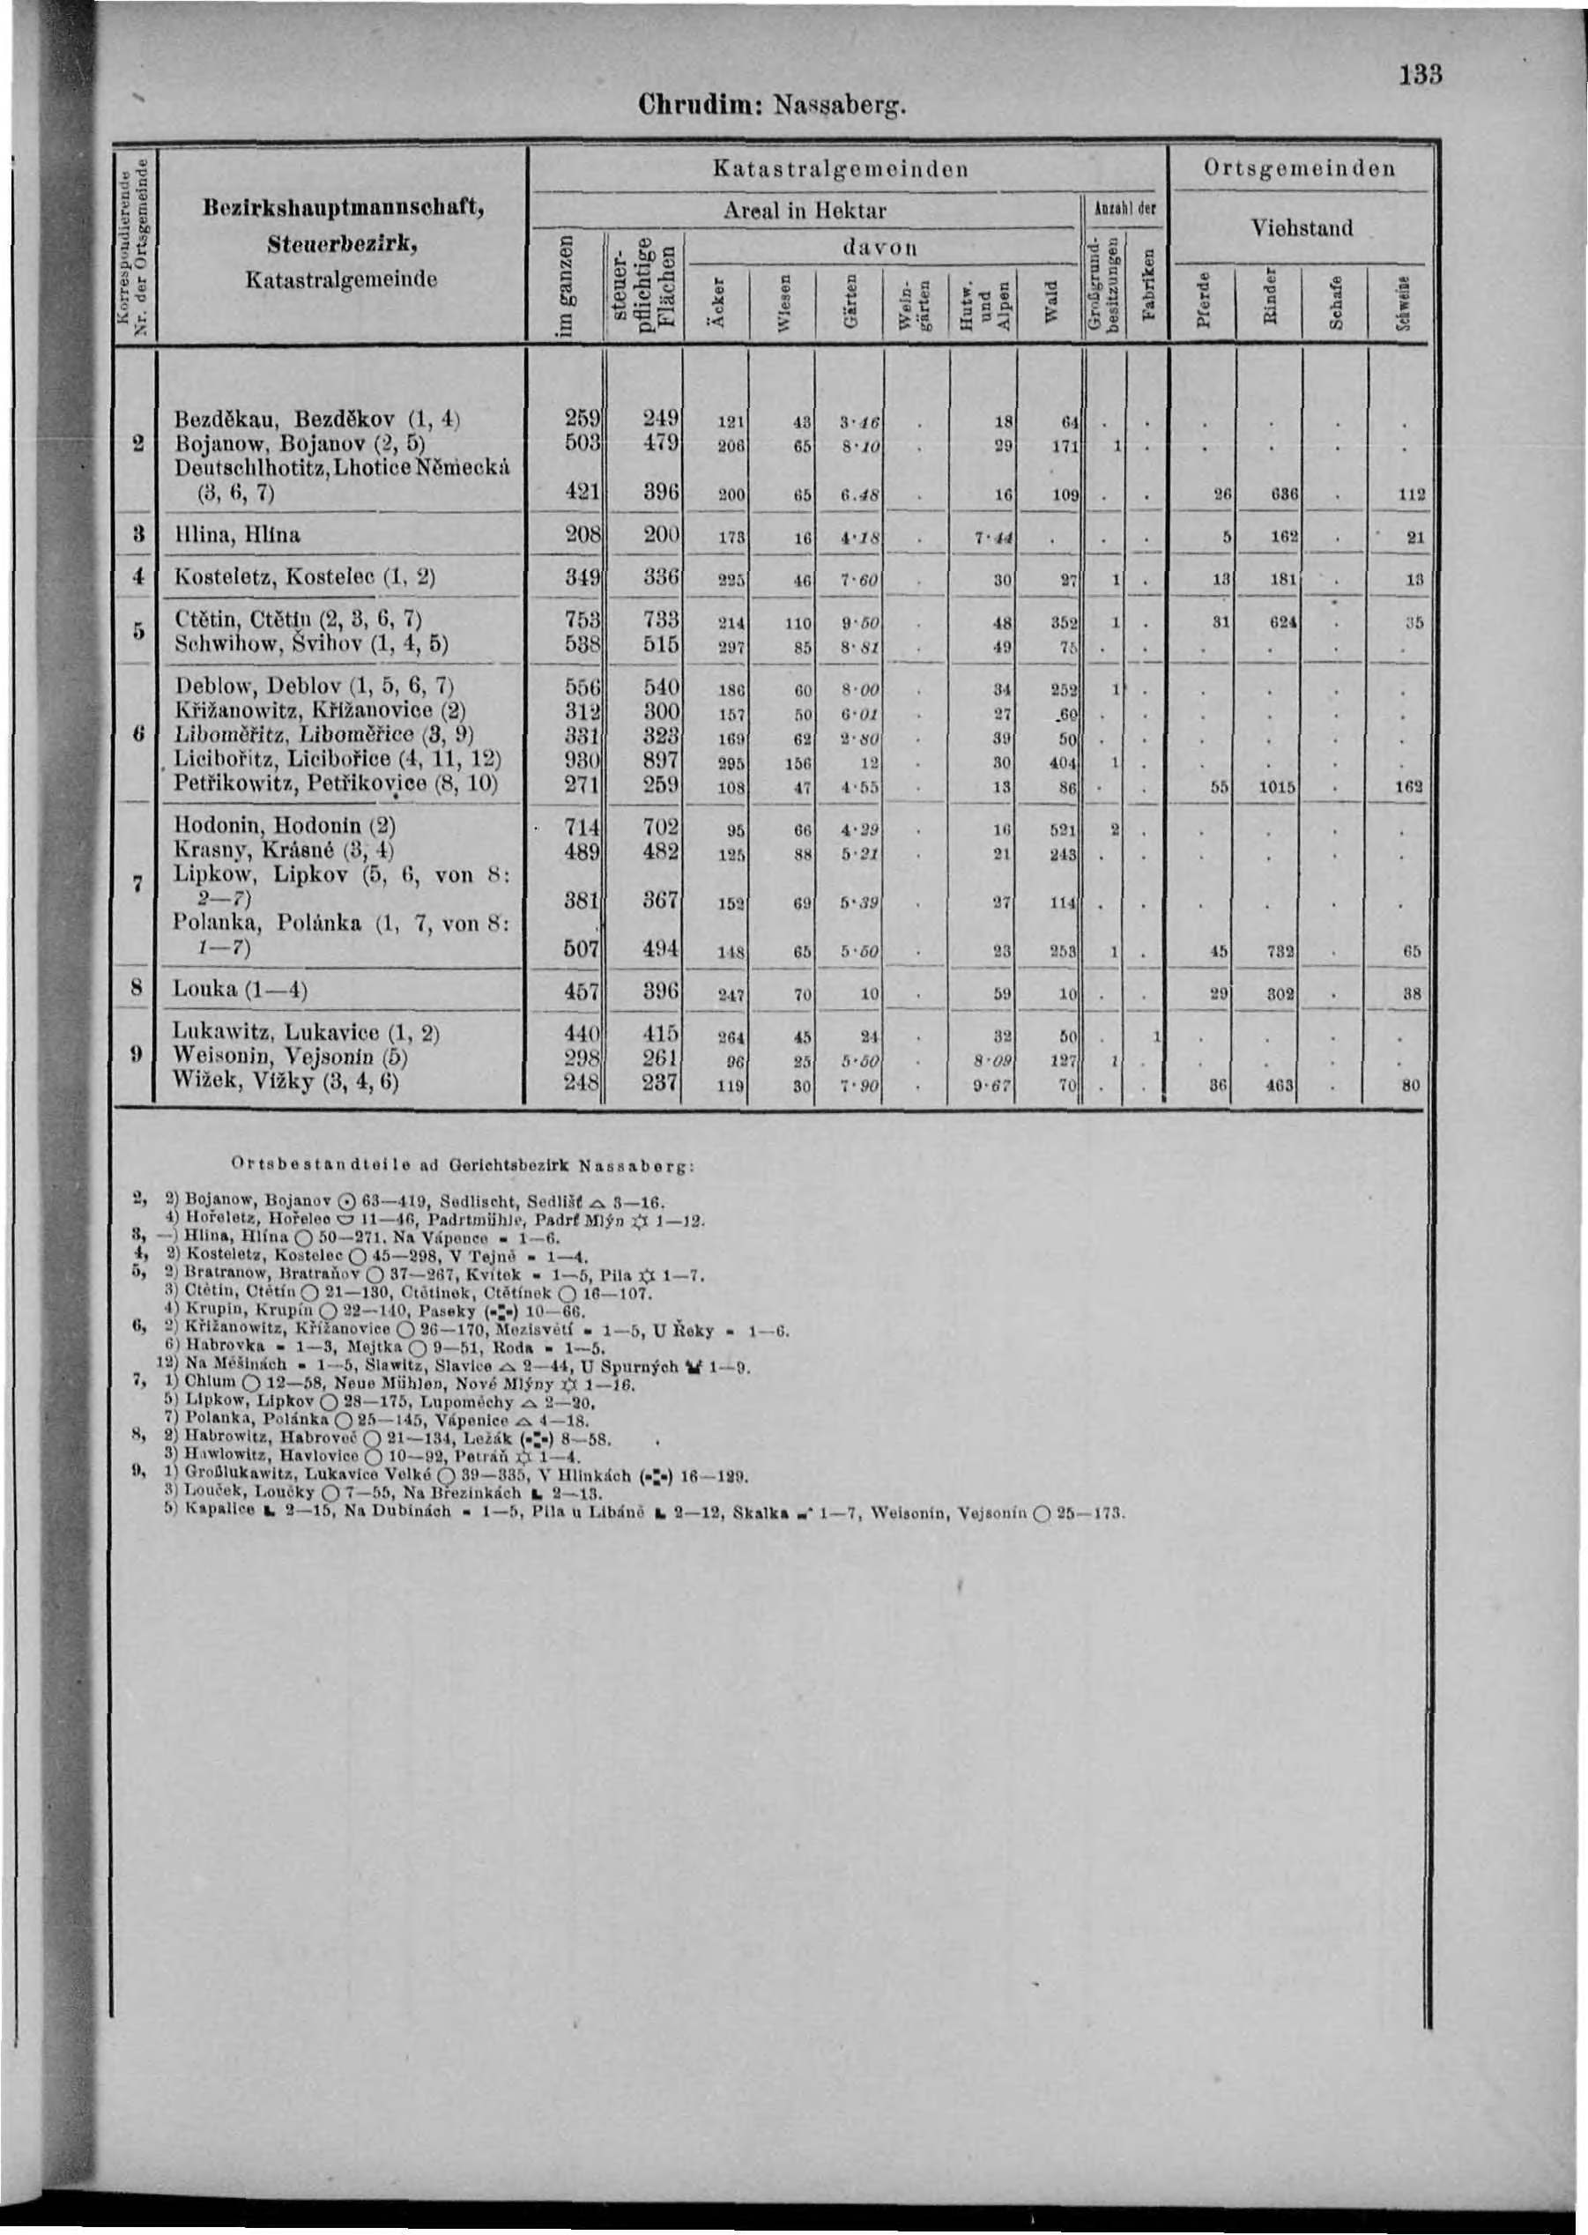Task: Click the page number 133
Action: point(1420,74)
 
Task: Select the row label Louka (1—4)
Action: point(240,990)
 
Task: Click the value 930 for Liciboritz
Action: point(583,760)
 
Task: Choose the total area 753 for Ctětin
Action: point(583,619)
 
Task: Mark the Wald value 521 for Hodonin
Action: point(1065,830)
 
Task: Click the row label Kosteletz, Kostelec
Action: point(303,578)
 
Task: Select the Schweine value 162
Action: point(1408,785)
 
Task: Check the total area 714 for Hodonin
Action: point(583,828)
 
